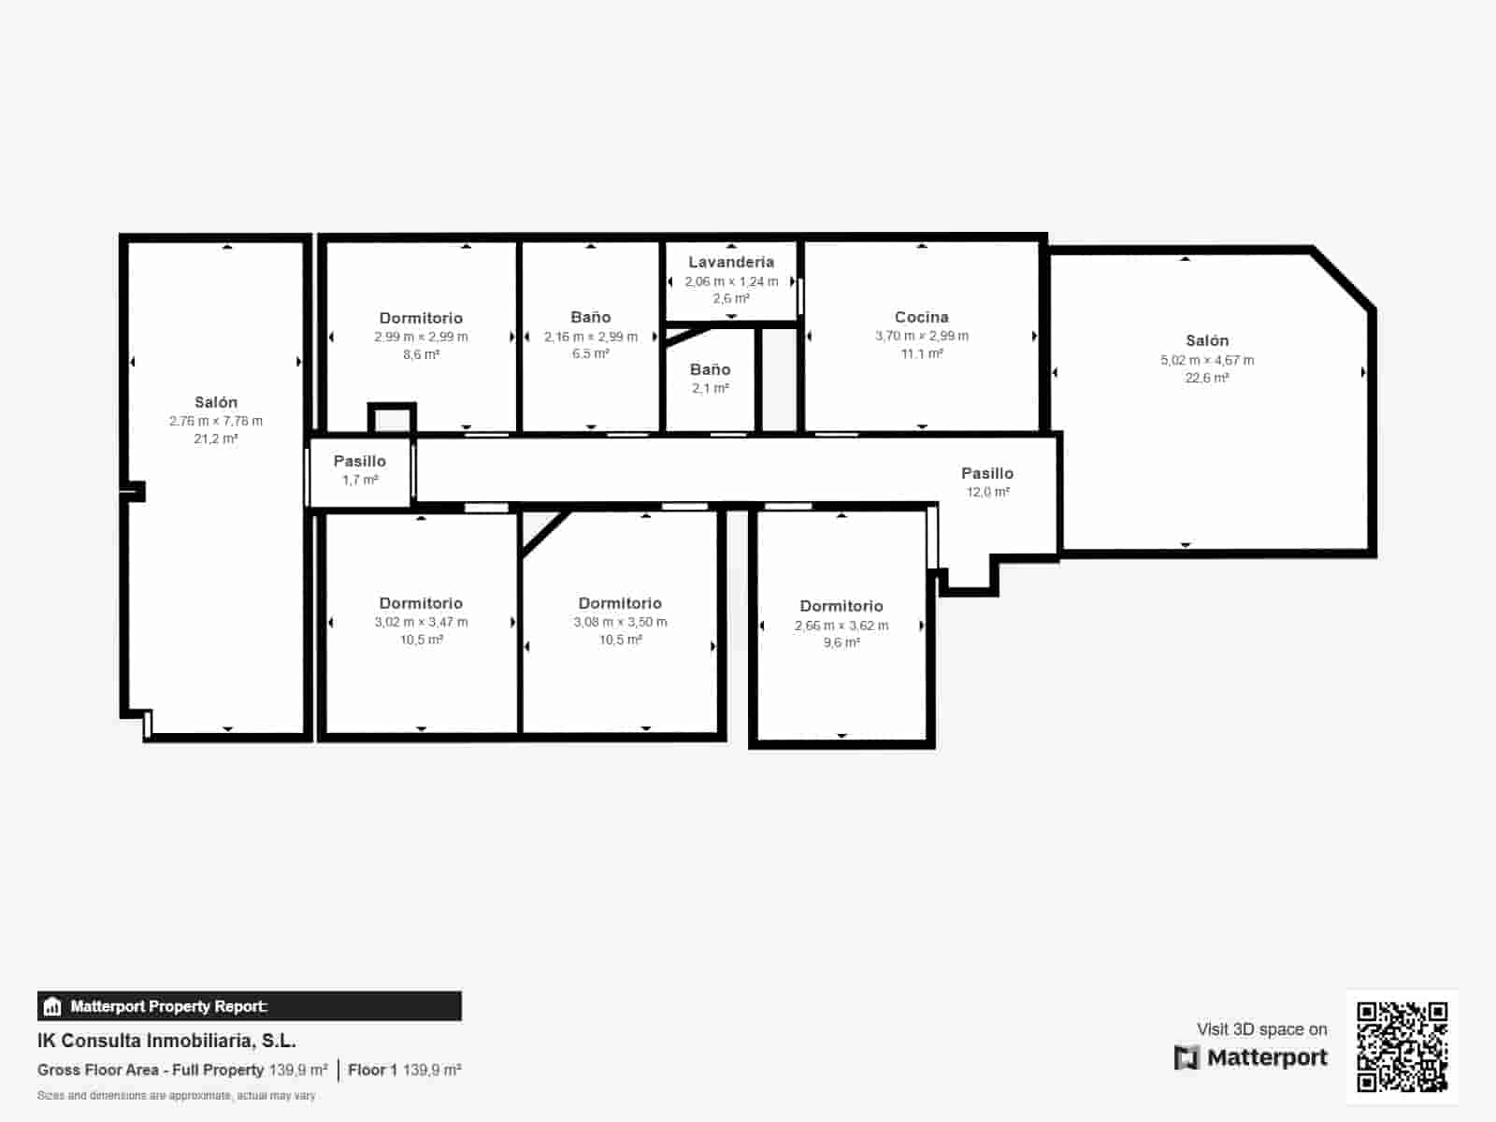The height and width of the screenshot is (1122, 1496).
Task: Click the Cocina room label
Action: (921, 317)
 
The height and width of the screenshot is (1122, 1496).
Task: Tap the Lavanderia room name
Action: (731, 262)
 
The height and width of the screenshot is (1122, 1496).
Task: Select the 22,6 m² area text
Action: (1206, 378)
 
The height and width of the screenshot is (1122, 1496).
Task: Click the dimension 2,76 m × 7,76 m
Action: (216, 421)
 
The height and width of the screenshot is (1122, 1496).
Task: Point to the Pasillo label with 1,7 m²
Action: (360, 461)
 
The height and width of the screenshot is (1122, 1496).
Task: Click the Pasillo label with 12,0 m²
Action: (987, 473)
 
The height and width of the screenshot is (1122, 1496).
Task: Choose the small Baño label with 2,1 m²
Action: (710, 369)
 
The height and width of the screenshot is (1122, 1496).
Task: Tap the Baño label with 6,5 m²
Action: (590, 317)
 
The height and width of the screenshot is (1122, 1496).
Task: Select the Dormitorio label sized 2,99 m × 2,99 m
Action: (421, 318)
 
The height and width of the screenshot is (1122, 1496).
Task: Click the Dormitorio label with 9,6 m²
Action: (841, 606)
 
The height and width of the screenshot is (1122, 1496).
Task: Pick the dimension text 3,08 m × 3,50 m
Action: (620, 622)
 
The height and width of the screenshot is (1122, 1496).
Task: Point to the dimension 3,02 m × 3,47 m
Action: (421, 622)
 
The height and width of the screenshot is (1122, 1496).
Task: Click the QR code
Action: (1402, 1046)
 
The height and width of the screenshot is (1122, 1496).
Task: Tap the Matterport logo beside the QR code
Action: (1251, 1057)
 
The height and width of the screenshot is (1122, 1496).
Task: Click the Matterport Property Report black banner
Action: (249, 1006)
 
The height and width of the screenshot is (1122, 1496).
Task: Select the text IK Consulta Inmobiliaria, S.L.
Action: (166, 1041)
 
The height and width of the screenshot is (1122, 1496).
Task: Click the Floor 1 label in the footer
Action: (372, 1070)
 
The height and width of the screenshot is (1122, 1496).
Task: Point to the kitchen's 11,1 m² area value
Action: (921, 353)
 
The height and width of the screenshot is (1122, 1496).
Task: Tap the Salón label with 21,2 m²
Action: (216, 402)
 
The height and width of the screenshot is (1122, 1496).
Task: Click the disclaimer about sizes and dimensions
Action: (176, 1095)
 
